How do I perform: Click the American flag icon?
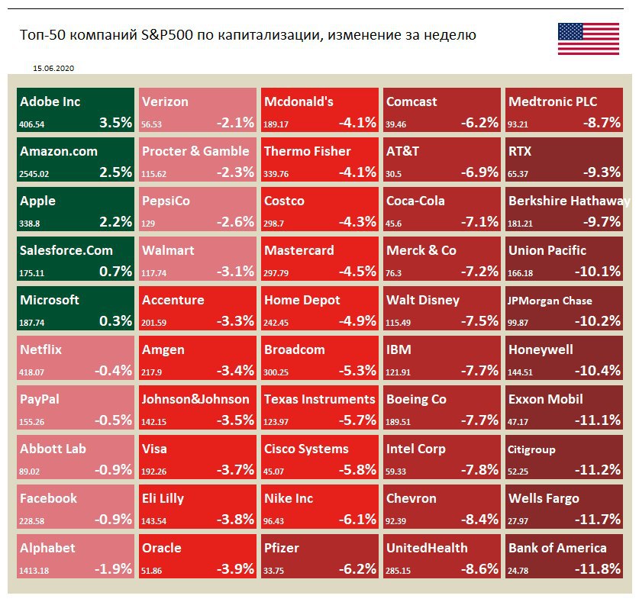point(588,39)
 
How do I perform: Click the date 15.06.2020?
point(53,68)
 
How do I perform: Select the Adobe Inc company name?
point(50,101)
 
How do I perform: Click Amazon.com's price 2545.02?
point(34,173)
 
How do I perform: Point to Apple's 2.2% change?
point(116,222)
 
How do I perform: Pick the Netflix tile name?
point(41,349)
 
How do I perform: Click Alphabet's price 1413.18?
point(34,570)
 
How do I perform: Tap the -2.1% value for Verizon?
point(235,123)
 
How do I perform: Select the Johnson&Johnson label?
point(195,399)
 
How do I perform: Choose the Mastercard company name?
point(299,250)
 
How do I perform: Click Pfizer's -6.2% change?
point(357,569)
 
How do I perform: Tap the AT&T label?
point(402,151)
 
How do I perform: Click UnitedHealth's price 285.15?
point(401,570)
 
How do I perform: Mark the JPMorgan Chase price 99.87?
point(519,322)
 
